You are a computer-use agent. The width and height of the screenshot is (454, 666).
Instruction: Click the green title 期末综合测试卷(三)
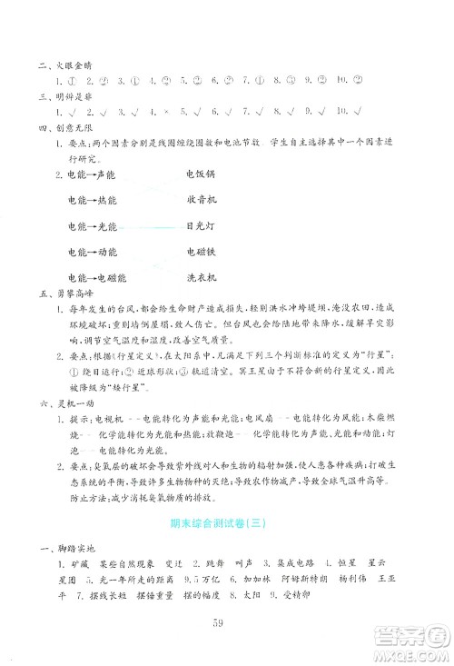227,524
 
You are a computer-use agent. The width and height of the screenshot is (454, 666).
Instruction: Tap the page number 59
227,621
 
